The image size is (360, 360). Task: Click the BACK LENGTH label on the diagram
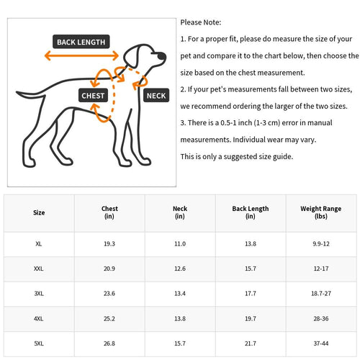(x=81, y=42)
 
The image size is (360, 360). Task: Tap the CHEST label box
(x=93, y=95)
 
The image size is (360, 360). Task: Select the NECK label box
(x=156, y=95)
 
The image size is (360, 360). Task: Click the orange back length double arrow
(x=81, y=55)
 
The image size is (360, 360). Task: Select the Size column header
(x=39, y=212)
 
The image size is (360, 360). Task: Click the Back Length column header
(x=250, y=212)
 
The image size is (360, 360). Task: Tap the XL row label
(x=39, y=243)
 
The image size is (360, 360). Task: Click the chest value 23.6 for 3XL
(x=109, y=294)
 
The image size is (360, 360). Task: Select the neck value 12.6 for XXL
(x=180, y=269)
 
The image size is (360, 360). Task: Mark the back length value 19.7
(x=250, y=319)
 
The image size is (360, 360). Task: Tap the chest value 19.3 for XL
(x=109, y=243)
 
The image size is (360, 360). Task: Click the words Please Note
(x=201, y=23)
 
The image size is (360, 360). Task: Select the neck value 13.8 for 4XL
(x=180, y=319)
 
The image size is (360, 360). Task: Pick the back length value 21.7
(x=250, y=343)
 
